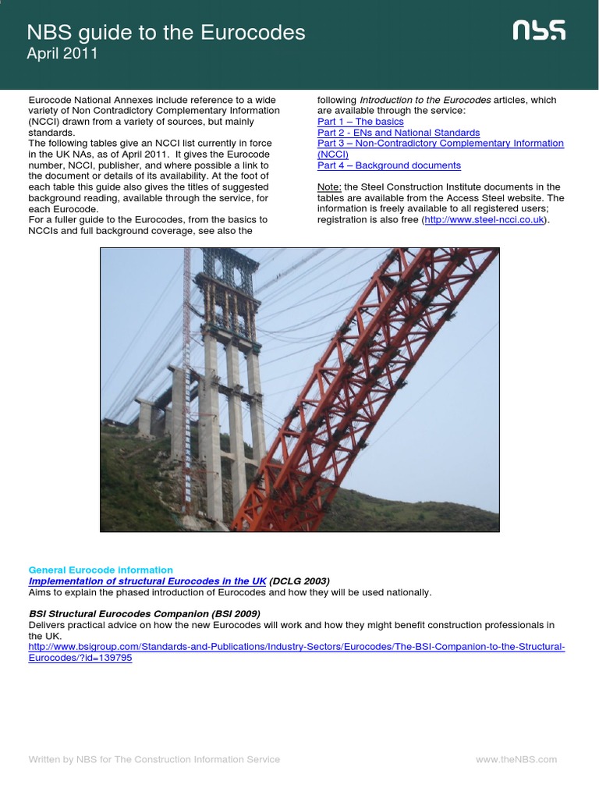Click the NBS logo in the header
(539, 31)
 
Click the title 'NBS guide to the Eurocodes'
(166, 33)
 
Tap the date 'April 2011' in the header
(62, 54)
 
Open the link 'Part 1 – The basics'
(360, 122)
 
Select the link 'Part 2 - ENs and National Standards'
(399, 133)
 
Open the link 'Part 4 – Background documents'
(388, 165)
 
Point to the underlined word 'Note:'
(330, 187)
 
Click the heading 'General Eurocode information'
(101, 570)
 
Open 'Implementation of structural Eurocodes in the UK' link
(147, 581)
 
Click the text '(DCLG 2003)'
(299, 581)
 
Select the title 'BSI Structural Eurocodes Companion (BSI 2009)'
(144, 614)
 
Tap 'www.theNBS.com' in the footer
(516, 759)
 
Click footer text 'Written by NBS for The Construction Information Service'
(154, 759)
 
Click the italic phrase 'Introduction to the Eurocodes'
(425, 100)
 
